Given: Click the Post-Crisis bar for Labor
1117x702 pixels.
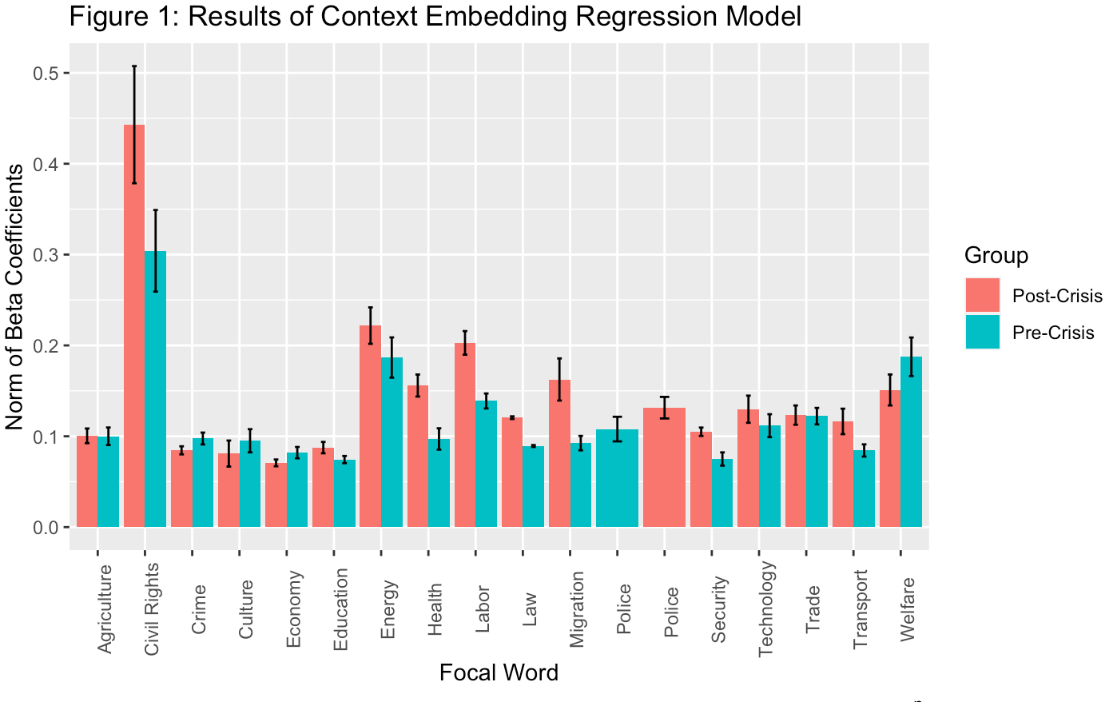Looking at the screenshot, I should pyautogui.click(x=465, y=435).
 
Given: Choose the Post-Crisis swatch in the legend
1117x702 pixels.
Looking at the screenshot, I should pyautogui.click(x=982, y=295).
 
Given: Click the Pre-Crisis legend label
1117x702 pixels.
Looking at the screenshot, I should pyautogui.click(x=1053, y=333).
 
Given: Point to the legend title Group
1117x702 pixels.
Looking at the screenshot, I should pyautogui.click(x=996, y=255).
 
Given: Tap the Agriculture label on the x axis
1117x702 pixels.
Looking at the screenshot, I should pyautogui.click(x=105, y=608).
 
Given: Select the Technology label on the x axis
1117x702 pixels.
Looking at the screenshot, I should pyautogui.click(x=766, y=608).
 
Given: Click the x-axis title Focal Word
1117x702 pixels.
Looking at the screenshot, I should pyautogui.click(x=499, y=673).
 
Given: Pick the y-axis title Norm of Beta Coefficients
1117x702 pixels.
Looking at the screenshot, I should pyautogui.click(x=15, y=297).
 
